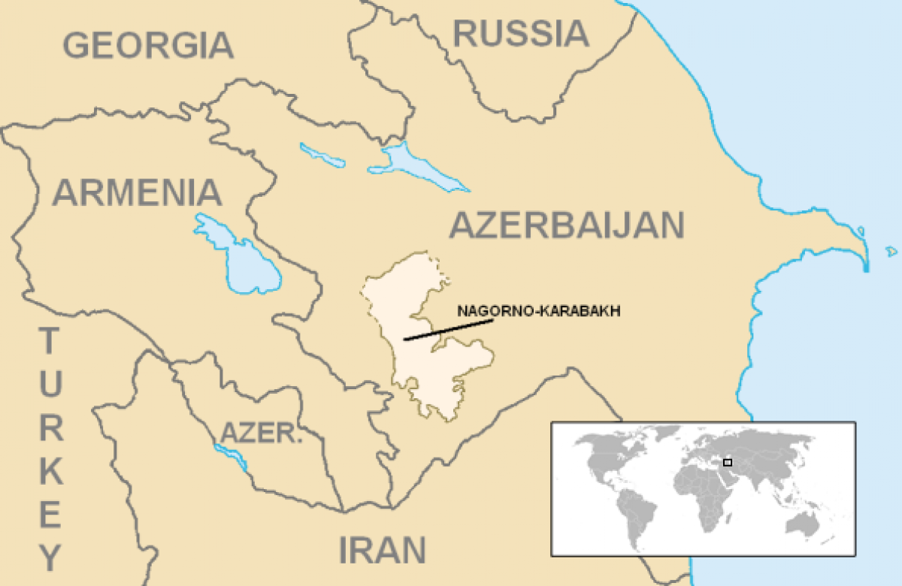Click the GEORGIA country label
(x=148, y=45)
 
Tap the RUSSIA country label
(x=520, y=34)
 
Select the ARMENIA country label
(x=137, y=192)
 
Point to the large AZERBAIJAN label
(x=568, y=225)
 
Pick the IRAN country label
(x=383, y=550)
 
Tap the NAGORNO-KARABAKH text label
(x=539, y=311)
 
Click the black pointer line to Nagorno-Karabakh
(x=448, y=330)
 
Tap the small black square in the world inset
(x=727, y=462)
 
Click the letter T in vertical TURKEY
(x=48, y=343)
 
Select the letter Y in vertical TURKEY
(x=50, y=557)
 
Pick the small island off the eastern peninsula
(x=891, y=252)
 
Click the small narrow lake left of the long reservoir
(x=322, y=155)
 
